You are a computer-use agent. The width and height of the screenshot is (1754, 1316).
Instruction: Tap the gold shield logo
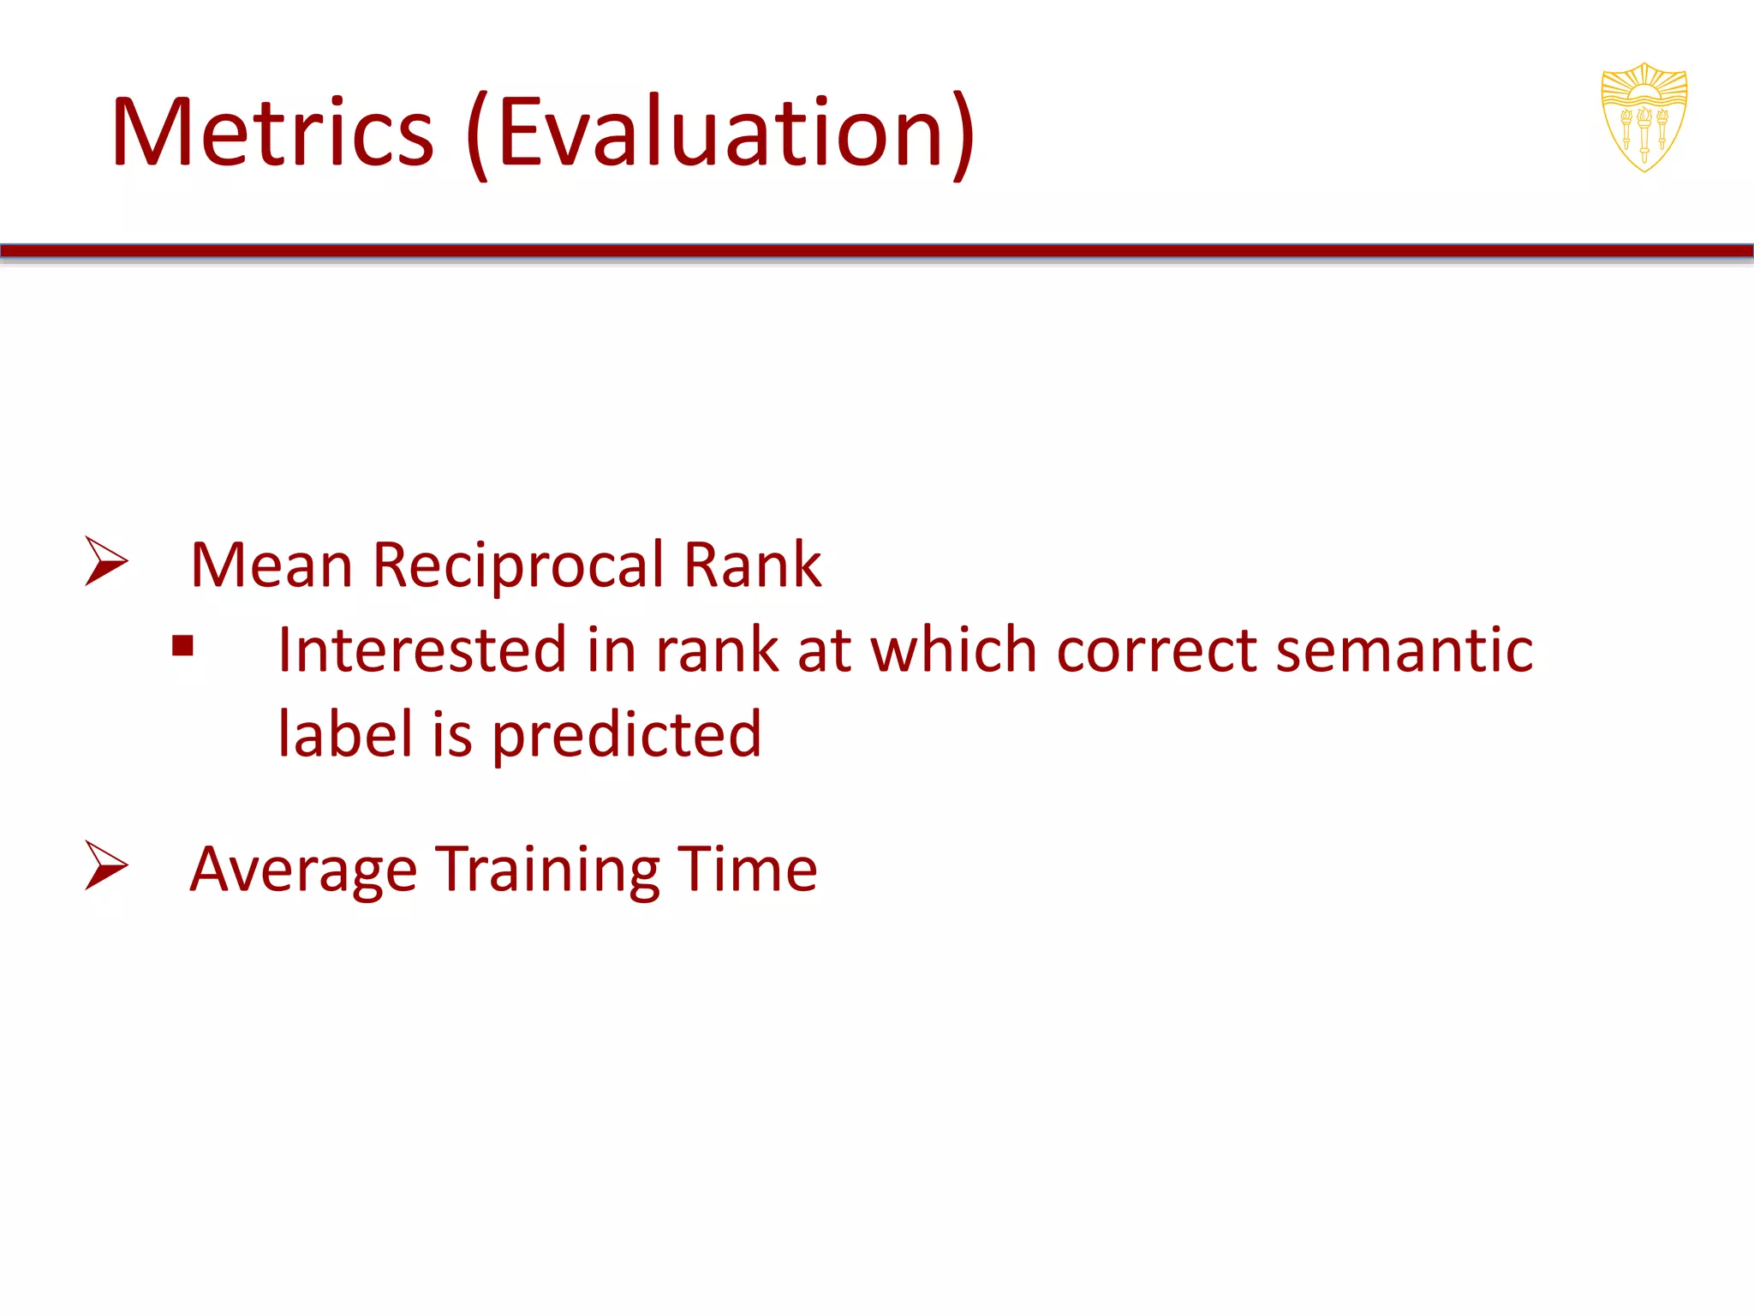point(1644,117)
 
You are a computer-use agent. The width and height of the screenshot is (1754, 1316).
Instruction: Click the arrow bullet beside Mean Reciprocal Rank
point(106,561)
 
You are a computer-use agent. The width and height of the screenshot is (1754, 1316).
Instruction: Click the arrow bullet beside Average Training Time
point(106,865)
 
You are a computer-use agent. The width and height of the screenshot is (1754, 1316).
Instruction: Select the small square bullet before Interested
point(182,645)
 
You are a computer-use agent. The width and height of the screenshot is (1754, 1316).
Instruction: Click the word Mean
point(271,565)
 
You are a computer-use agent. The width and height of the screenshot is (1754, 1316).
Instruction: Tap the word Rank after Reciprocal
point(752,565)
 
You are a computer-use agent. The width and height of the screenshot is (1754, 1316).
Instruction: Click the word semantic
point(1405,649)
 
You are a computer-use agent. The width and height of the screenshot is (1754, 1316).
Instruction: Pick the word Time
point(747,869)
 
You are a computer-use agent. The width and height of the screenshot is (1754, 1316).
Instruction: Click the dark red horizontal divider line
point(877,251)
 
